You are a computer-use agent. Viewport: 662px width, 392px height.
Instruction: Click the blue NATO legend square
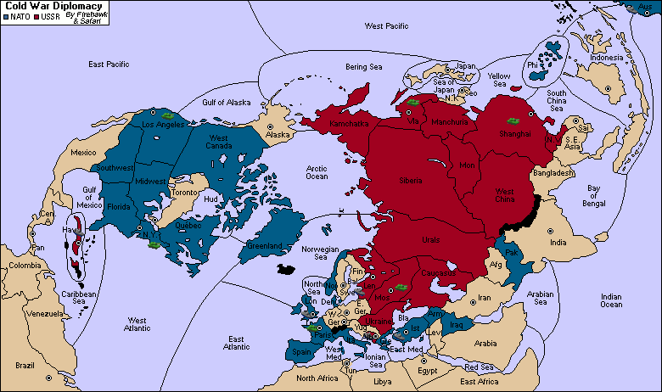click(6, 17)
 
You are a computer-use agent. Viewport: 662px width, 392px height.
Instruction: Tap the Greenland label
click(265, 246)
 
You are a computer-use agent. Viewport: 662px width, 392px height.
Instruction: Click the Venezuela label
click(44, 313)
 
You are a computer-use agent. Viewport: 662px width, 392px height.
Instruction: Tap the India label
click(557, 243)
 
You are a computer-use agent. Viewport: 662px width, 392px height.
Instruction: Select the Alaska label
click(278, 135)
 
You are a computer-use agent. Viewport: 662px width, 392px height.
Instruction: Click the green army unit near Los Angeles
click(169, 115)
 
